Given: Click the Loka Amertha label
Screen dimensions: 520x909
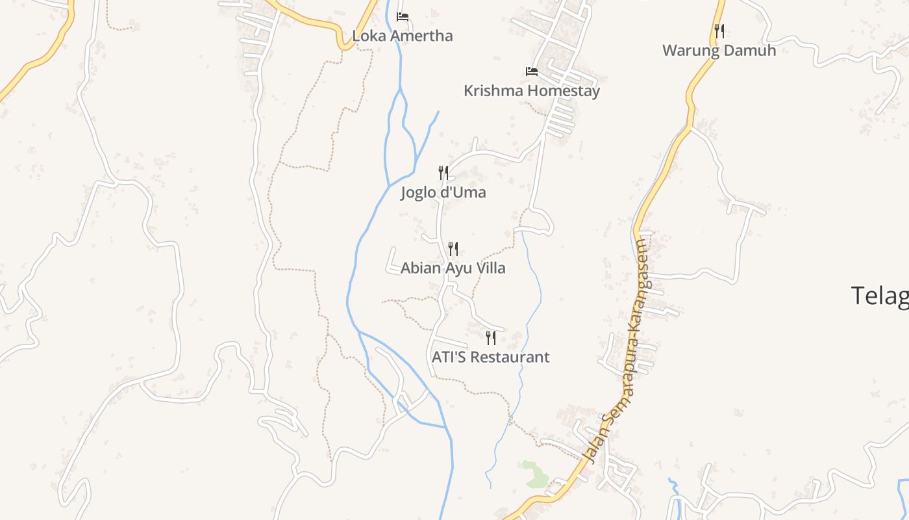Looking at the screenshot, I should tap(402, 35).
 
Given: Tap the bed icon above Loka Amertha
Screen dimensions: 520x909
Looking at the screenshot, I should tap(403, 16).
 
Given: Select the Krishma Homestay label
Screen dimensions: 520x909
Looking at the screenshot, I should tap(531, 90).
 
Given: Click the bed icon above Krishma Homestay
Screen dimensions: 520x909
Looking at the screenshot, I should tap(532, 71).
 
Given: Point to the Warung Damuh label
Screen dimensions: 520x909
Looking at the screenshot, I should tap(719, 50).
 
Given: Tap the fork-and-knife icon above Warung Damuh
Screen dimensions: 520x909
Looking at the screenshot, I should tap(719, 31).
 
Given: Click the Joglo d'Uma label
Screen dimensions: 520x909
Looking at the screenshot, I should tap(443, 192).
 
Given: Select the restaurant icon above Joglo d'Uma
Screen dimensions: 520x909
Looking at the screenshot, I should tap(443, 173).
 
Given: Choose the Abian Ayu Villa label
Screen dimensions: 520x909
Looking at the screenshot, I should tap(453, 268).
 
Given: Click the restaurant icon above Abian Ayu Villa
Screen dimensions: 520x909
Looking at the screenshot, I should tap(453, 248).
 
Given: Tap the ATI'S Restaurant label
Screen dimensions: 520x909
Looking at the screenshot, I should tap(490, 357).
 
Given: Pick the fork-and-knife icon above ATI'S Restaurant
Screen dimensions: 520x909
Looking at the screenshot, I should tap(491, 337).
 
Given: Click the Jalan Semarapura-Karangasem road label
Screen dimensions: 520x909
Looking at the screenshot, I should tap(620, 351).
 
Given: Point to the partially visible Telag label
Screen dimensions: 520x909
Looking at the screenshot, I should tap(879, 296).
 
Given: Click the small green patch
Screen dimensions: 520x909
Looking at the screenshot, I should tap(534, 474).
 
